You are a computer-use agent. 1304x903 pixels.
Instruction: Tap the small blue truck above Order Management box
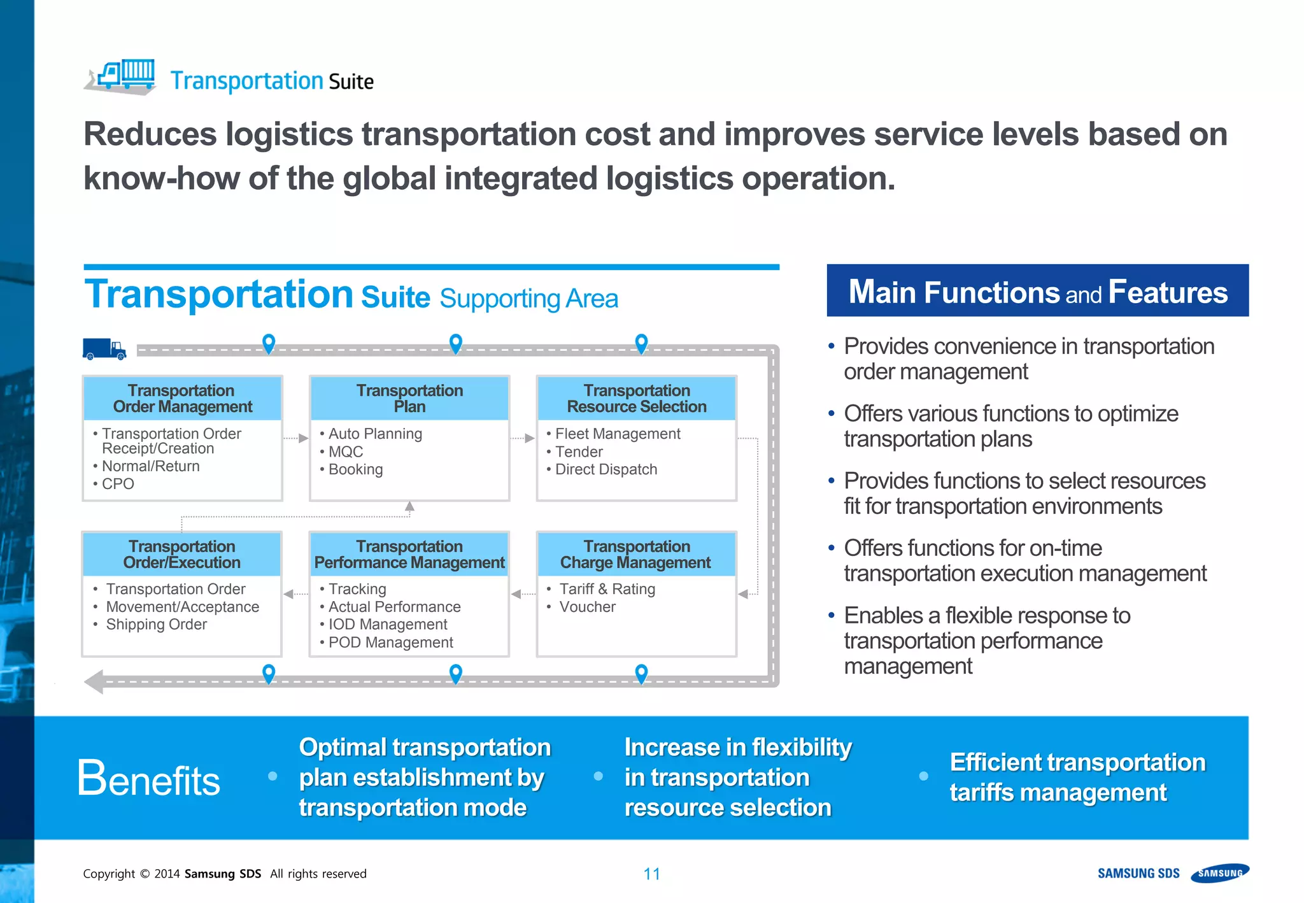coord(104,349)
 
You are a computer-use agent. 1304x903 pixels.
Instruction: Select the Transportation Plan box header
coord(409,399)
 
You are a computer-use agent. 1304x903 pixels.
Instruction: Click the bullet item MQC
coord(345,451)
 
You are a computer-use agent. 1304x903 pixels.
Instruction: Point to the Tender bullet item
coord(578,451)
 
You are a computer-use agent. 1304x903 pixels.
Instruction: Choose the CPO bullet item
coord(118,484)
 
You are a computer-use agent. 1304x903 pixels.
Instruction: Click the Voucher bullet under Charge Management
coord(587,607)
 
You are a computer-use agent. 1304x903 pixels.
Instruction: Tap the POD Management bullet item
coord(390,643)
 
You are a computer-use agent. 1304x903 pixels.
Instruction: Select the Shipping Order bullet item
coord(156,625)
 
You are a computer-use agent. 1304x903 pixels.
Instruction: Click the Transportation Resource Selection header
coord(637,399)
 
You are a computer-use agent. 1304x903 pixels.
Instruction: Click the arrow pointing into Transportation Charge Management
coord(744,594)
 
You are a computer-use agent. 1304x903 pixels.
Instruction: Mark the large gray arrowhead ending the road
coord(94,682)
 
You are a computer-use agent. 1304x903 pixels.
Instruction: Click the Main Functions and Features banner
coord(1037,292)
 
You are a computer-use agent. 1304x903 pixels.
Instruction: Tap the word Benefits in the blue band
coord(149,778)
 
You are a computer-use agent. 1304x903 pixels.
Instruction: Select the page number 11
coord(651,874)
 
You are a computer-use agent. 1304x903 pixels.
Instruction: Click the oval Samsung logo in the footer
coord(1220,873)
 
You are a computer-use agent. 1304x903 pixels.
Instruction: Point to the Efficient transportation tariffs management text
coord(1077,778)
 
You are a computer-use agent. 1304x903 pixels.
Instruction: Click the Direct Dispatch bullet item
coord(606,469)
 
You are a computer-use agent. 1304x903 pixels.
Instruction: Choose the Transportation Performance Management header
coord(409,555)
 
